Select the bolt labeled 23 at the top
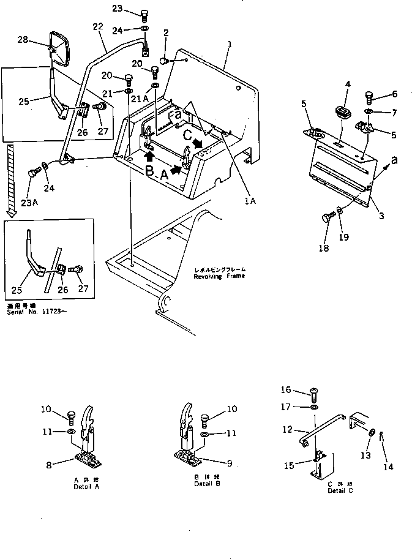(144, 13)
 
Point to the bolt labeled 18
(327, 217)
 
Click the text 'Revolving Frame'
(219, 276)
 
